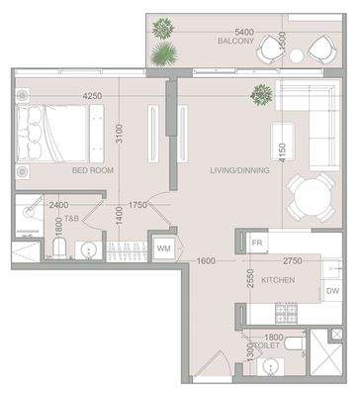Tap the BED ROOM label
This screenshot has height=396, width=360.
(94, 170)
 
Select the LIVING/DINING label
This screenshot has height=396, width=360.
(234, 170)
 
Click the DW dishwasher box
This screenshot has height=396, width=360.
(332, 291)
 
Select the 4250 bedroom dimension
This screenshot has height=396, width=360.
(93, 96)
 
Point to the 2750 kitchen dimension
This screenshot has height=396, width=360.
(291, 260)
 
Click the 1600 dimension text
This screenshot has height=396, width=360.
(205, 260)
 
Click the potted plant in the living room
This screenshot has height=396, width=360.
(262, 95)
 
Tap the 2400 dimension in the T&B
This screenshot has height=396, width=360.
(58, 206)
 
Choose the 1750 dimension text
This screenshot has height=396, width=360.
(137, 206)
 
